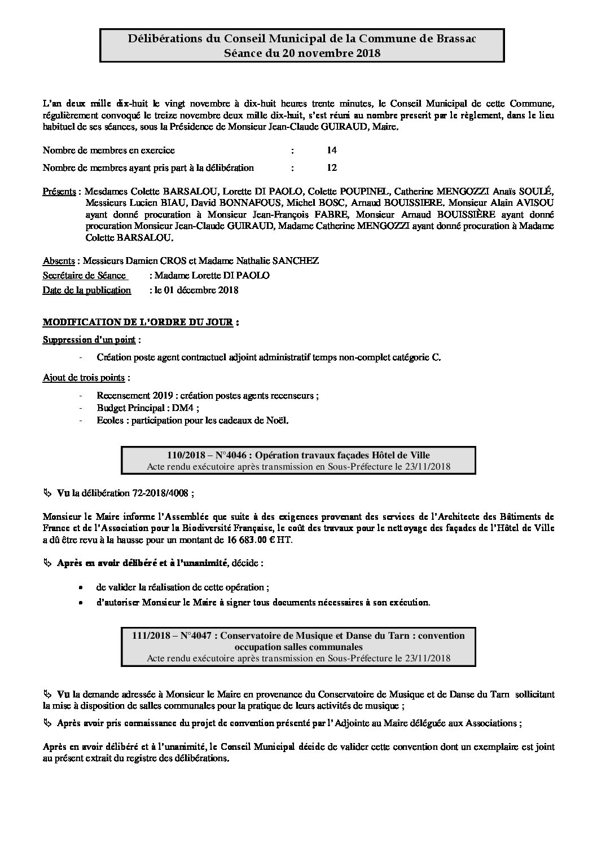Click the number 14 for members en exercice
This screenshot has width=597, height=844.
tap(332, 151)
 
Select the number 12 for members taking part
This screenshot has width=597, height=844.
tap(332, 167)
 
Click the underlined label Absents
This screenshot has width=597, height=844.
tap(59, 260)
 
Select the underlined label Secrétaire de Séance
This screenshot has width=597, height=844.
tap(84, 275)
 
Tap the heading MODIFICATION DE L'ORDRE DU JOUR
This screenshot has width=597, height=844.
tap(138, 322)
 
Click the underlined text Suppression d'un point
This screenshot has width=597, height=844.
tap(90, 340)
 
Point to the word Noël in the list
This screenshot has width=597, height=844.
tap(276, 420)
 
